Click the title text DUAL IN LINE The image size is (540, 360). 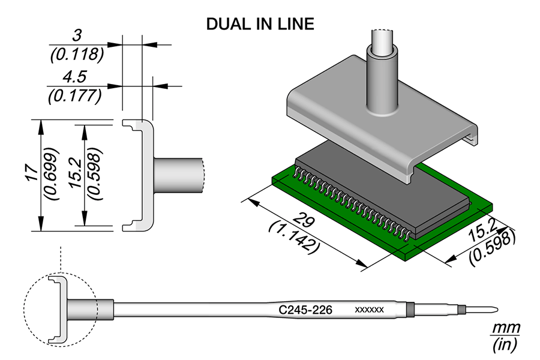coord(260,24)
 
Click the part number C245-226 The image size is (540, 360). coord(307,310)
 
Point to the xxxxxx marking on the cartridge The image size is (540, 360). coord(370,310)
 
